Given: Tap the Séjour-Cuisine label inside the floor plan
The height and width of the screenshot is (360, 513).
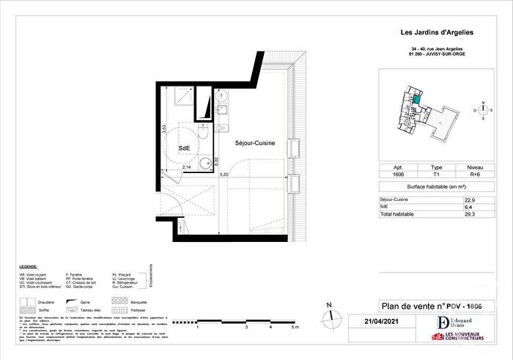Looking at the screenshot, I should tap(255, 143).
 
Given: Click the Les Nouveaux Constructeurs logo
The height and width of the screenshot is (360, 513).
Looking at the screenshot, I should tap(460, 337).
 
